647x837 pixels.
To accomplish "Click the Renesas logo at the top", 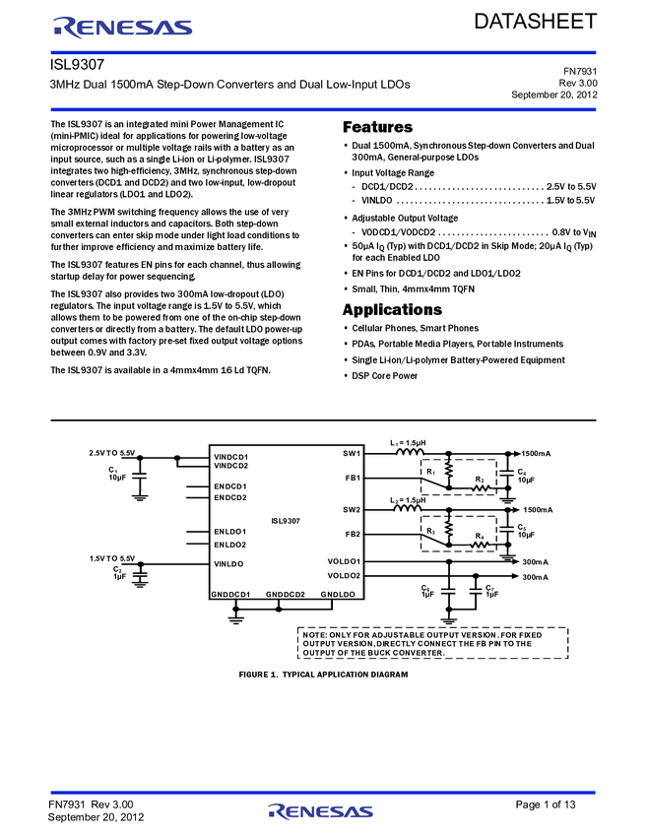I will (123, 28).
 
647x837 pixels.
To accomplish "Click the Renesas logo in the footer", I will (320, 812).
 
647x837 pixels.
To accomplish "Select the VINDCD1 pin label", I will (231, 457).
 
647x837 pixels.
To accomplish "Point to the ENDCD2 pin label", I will (230, 497).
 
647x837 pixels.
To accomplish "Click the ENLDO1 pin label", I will (230, 532).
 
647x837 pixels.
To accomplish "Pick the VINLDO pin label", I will (228, 564).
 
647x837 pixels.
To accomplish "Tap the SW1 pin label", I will (352, 453).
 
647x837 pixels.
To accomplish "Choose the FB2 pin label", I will (352, 534).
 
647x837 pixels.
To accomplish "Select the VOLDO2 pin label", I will (344, 575).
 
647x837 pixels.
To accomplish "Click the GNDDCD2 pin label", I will (286, 595).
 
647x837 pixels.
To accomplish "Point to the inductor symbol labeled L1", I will (411, 453).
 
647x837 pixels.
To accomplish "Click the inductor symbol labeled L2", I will (411, 509).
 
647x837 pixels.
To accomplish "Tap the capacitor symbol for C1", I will (139, 476).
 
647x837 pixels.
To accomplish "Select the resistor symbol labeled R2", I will (480, 486).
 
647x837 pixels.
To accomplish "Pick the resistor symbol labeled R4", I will (480, 544).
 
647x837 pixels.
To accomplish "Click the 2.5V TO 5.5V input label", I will (111, 452).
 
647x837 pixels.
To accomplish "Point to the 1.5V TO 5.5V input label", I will (111, 558).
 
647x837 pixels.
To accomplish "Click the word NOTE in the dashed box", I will (315, 635).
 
